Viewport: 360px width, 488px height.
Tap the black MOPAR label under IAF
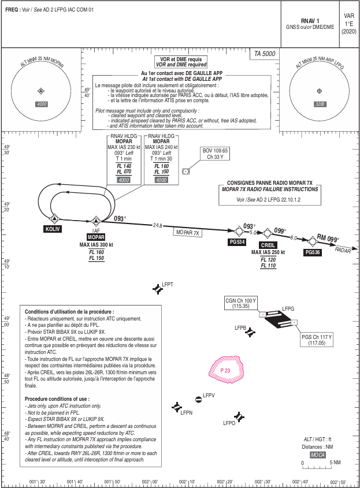coord(96,237)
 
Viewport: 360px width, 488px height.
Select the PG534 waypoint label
coord(237,241)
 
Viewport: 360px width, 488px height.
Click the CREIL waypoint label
coord(269,245)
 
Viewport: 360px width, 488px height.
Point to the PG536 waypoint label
coord(313,252)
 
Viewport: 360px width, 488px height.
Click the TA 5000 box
coord(265,54)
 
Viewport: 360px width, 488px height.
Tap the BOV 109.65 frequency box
coord(216,153)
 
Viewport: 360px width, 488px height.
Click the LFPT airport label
coord(168,285)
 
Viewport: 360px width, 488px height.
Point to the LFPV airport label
coord(209,395)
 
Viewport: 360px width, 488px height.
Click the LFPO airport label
coord(229,423)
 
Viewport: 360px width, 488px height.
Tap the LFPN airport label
coord(186,413)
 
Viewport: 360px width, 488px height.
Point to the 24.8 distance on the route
coord(156,225)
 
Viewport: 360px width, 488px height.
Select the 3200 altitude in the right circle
coord(319,104)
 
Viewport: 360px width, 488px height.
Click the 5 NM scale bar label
coord(335,462)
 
